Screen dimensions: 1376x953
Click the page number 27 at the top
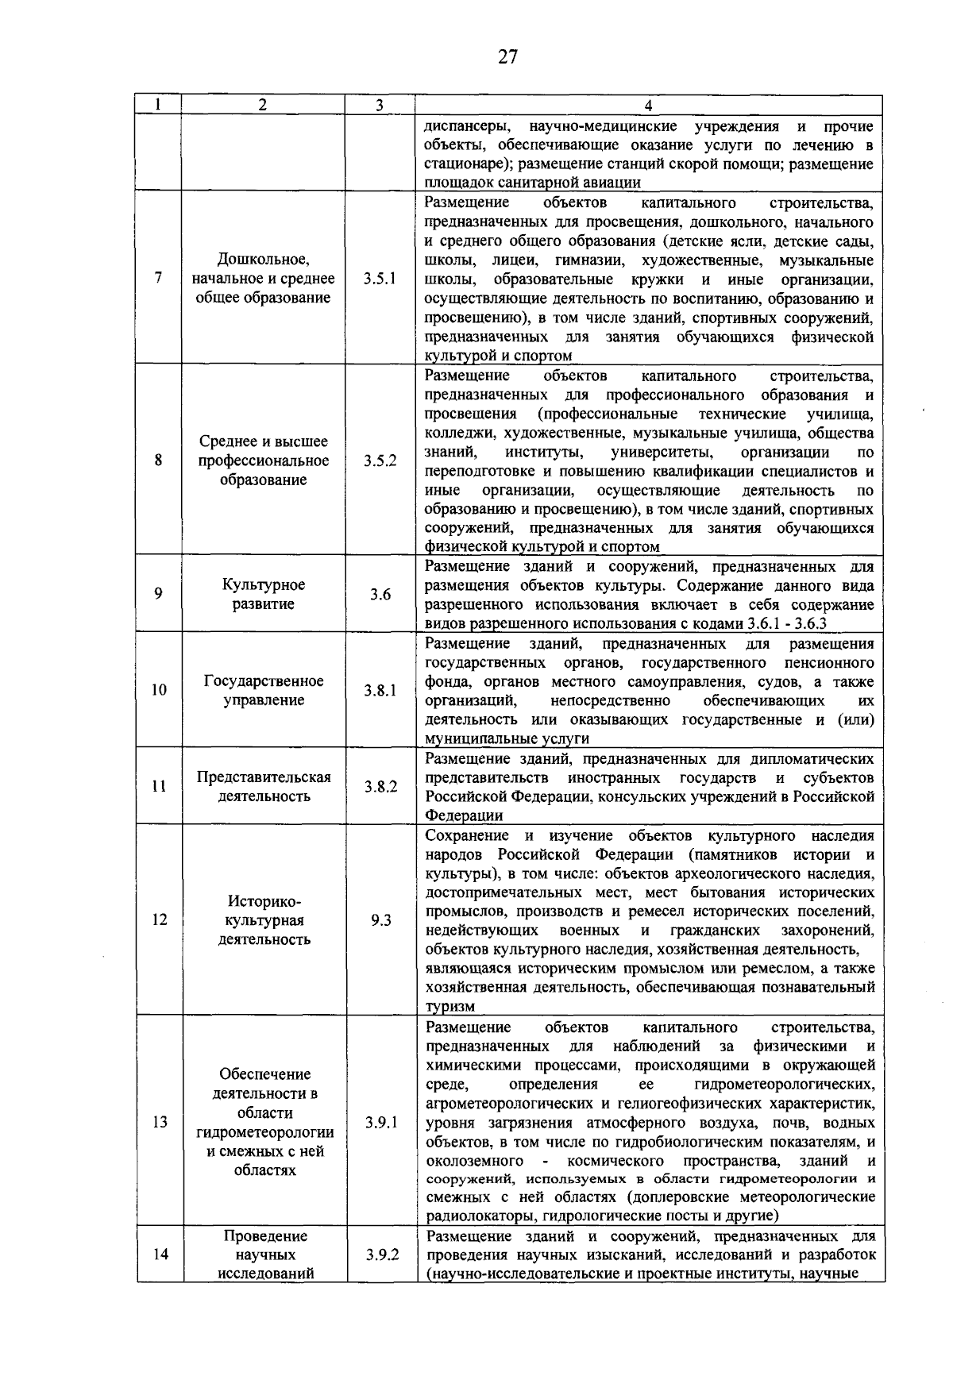click(507, 56)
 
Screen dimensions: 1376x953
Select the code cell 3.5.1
click(380, 279)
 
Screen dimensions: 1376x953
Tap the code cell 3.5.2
click(380, 461)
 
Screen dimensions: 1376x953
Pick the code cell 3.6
click(380, 594)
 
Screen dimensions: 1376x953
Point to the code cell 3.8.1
click(380, 690)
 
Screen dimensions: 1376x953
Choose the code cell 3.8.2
click(380, 786)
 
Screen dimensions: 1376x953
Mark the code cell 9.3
click(380, 920)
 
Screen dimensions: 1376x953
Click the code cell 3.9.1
click(380, 1122)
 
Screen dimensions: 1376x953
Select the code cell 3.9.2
click(380, 1255)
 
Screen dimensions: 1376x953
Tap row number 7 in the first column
click(159, 279)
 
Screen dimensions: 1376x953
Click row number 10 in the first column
click(159, 690)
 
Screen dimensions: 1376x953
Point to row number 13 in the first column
click(159, 1122)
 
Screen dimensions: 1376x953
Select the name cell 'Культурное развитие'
click(264, 594)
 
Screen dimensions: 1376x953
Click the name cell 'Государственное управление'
click(264, 690)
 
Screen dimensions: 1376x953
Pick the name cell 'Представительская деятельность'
click(264, 786)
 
